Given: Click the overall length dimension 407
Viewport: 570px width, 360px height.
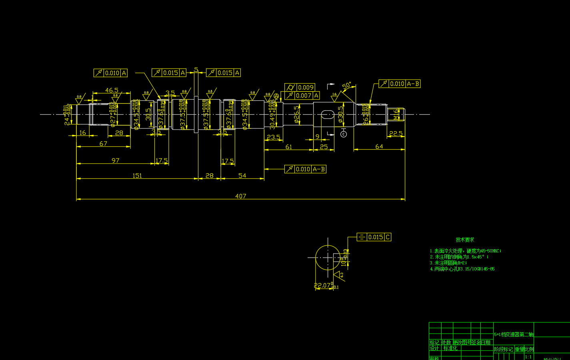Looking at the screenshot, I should coord(240,196).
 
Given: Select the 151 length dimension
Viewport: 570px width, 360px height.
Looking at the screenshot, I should coord(137,176).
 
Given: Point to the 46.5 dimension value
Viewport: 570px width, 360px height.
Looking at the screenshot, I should coord(112,90).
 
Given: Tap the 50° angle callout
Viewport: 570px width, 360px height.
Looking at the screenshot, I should coord(346,86).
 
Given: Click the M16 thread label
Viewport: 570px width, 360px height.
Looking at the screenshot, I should coord(396,115).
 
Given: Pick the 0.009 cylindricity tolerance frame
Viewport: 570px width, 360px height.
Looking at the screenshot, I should coord(300,87).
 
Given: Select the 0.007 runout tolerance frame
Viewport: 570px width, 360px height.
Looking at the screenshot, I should coord(300,96).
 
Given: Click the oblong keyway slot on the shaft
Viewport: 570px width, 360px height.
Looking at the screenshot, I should coord(328,115).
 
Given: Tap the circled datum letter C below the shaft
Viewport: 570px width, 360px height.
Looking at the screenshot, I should coord(344,134).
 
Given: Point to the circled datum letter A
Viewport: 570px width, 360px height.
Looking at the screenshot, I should coord(276,96).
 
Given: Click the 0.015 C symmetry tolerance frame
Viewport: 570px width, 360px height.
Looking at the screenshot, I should coord(374,237).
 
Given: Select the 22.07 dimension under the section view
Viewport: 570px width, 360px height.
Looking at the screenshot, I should coord(323,286).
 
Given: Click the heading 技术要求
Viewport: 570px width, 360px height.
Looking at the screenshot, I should coord(465,240).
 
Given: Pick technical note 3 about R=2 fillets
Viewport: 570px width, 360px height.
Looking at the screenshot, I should coord(448,263).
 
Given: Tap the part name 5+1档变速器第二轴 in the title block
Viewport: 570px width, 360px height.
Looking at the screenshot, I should coord(514,334).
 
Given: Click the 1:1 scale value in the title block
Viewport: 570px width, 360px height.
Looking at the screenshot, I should coord(528,357).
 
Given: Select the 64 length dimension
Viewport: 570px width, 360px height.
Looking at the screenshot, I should coord(379,147).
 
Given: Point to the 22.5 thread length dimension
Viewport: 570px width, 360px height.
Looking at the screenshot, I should coord(396,134).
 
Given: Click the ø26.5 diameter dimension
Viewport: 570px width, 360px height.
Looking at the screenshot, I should coord(296,115).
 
